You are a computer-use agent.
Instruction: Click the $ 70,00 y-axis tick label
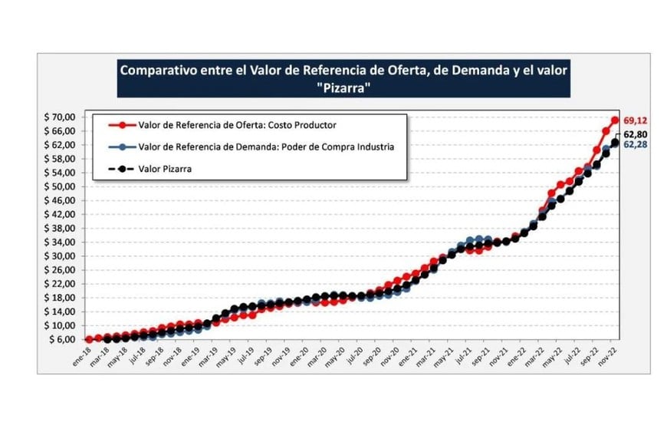[59, 117]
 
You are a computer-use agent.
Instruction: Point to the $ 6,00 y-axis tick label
[61, 339]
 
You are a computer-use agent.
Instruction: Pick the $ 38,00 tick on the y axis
[59, 228]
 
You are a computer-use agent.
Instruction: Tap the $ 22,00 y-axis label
[59, 284]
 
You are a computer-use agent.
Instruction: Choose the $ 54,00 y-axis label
[59, 173]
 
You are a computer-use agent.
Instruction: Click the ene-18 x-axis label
[80, 353]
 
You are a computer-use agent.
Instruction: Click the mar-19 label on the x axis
[207, 353]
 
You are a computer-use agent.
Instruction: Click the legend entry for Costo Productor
[238, 125]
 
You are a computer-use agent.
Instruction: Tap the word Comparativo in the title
[157, 69]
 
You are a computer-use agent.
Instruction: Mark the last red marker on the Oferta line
[615, 120]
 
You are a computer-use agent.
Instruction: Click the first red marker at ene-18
[89, 339]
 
